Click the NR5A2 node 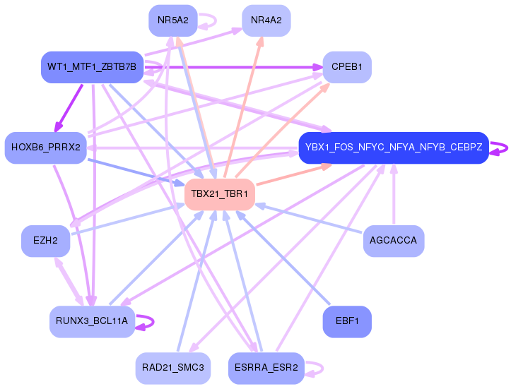pyautogui.click(x=173, y=20)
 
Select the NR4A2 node pyautogui.click(x=266, y=20)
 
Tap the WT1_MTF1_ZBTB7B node pyautogui.click(x=92, y=67)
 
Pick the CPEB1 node pyautogui.click(x=347, y=67)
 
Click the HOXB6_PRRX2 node pyautogui.click(x=46, y=148)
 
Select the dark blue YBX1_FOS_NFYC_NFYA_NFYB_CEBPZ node pyautogui.click(x=394, y=148)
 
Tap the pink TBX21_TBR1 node pyautogui.click(x=220, y=194)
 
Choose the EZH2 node pyautogui.click(x=46, y=241)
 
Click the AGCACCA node pyautogui.click(x=394, y=241)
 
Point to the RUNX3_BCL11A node pyautogui.click(x=92, y=322)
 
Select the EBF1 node pyautogui.click(x=347, y=322)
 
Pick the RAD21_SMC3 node pyautogui.click(x=173, y=368)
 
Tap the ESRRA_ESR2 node pyautogui.click(x=266, y=368)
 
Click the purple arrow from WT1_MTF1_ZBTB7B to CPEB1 pyautogui.click(x=233, y=67)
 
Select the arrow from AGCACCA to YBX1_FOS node pyautogui.click(x=394, y=194)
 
